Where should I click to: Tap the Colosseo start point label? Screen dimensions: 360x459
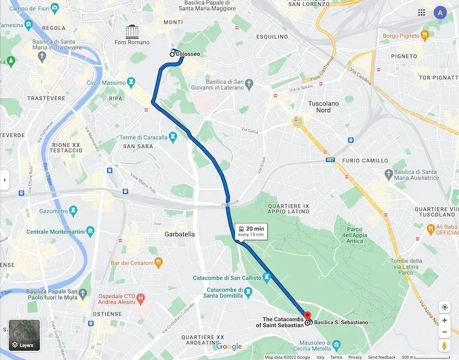[x=188, y=54]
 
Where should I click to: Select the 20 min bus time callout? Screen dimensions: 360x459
[x=250, y=231]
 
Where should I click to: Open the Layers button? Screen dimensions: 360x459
[x=24, y=336]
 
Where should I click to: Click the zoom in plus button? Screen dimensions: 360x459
[x=444, y=320]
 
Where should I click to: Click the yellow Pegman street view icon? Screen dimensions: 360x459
[x=444, y=346]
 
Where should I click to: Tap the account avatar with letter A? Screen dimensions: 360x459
[x=440, y=13]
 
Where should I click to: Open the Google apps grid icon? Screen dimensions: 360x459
[x=422, y=13]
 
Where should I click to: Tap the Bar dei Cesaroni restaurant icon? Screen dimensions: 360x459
[x=158, y=263]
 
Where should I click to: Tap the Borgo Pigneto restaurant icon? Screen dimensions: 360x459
[x=425, y=36]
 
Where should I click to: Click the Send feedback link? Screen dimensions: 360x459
[x=382, y=357]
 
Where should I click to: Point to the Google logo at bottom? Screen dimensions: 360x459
[x=229, y=347]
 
